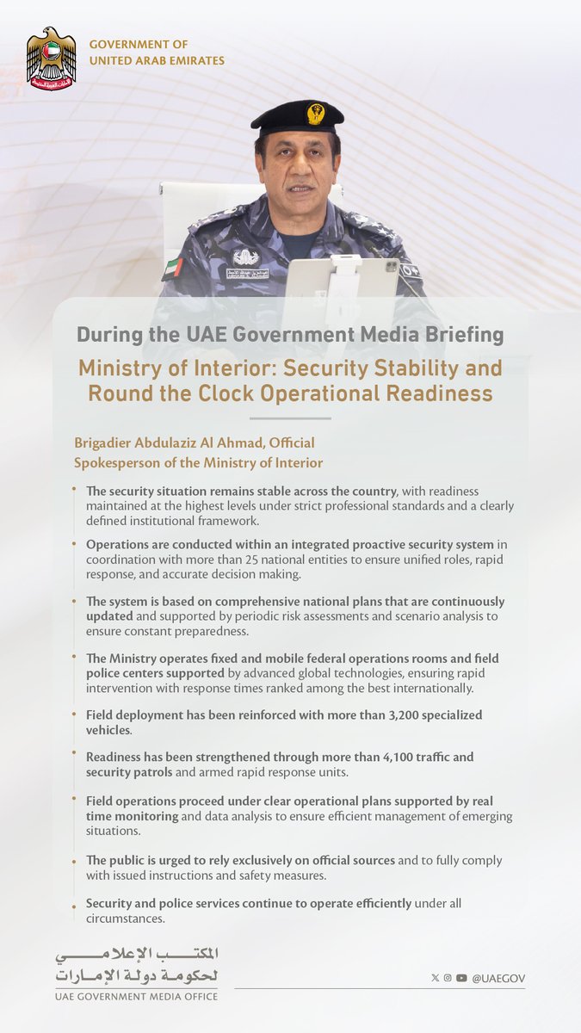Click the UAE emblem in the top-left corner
click(51, 59)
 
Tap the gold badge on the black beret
click(316, 113)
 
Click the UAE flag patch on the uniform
click(172, 268)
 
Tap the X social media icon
click(435, 978)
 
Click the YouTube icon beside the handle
click(462, 978)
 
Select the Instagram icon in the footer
click(448, 978)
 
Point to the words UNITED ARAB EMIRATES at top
click(157, 60)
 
